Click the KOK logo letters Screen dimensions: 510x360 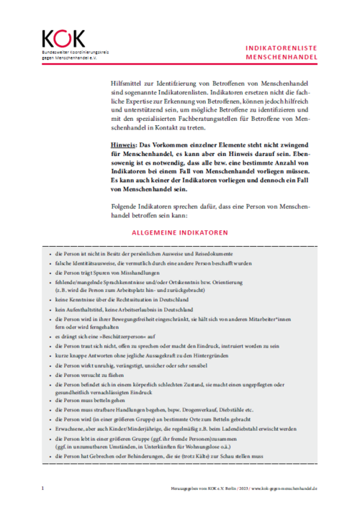coord(63,38)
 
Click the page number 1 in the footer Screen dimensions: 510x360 coord(42,488)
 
